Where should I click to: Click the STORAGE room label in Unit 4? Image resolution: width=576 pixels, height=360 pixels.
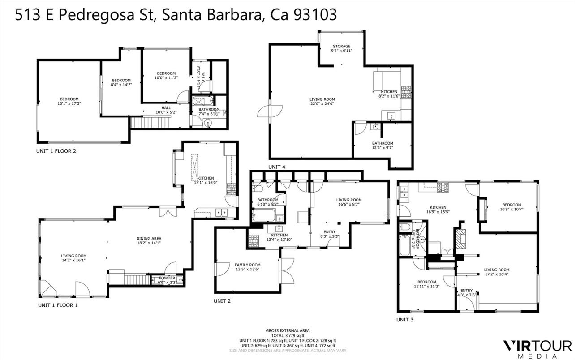click(x=341, y=47)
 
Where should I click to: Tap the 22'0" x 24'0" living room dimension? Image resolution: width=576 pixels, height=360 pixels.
click(x=322, y=104)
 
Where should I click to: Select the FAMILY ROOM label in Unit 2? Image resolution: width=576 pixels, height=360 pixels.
click(x=247, y=265)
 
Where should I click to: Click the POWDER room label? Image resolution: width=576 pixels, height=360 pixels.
click(x=167, y=278)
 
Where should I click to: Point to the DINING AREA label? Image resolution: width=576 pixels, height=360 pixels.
click(x=149, y=238)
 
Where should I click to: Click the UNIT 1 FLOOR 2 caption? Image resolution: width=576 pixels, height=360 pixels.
click(x=56, y=151)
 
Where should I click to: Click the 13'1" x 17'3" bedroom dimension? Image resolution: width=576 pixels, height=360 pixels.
click(x=69, y=104)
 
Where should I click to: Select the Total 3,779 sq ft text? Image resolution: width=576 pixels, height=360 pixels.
click(x=288, y=335)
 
